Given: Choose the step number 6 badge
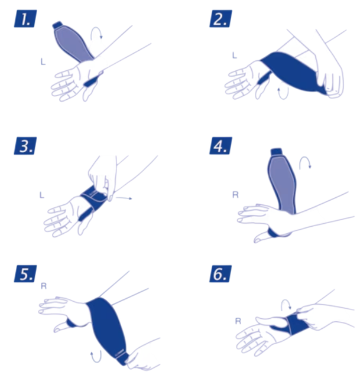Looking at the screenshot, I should pos(221,274).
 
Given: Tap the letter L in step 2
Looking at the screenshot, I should pos(234,55).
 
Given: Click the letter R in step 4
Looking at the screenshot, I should pos(236,194).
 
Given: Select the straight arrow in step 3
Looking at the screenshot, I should pos(125,200).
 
